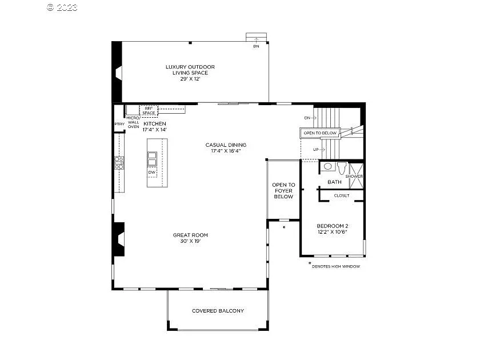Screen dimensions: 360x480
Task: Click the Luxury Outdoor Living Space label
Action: [x=190, y=73]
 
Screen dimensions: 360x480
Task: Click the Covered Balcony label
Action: [x=218, y=311]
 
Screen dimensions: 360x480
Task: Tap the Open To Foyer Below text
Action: [x=283, y=191]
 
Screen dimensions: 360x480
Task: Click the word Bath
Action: [x=334, y=182]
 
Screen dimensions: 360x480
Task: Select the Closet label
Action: [x=342, y=195]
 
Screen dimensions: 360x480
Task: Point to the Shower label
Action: [x=354, y=177]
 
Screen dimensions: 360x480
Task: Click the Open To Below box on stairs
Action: [x=320, y=133]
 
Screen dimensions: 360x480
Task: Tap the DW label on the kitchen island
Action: [x=151, y=172]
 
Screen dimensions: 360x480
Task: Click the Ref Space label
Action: [x=149, y=110]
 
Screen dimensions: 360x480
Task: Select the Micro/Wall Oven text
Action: [x=133, y=122]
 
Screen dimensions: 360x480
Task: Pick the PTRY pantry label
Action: [x=119, y=124]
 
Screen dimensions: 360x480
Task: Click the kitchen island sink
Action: [x=152, y=158]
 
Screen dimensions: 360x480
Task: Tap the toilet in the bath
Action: [x=342, y=168]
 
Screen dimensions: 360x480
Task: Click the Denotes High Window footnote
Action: [x=335, y=266]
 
